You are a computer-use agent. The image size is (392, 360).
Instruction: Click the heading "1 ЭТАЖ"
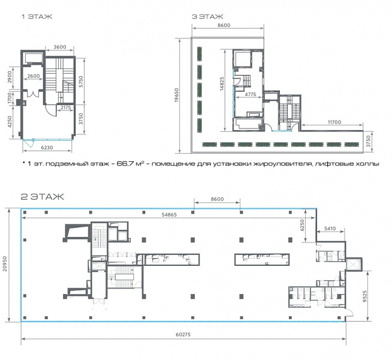37,17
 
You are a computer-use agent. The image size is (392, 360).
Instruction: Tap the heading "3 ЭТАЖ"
207,17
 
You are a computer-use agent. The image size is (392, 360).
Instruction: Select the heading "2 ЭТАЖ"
42,197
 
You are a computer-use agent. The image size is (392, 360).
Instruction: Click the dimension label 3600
60,47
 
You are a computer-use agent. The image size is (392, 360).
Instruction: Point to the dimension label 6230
47,148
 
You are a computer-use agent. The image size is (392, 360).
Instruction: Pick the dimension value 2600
34,76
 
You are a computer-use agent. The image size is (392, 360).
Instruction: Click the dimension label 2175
66,107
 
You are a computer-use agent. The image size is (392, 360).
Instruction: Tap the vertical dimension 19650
177,95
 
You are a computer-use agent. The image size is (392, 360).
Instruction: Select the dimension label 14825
222,83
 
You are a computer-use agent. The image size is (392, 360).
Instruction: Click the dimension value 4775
251,94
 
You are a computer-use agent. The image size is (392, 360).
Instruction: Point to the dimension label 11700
334,122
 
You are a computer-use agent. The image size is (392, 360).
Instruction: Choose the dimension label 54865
169,215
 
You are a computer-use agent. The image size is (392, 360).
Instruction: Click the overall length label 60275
183,334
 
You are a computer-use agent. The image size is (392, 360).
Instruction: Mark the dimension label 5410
330,229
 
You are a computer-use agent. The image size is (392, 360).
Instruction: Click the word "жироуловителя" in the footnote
284,164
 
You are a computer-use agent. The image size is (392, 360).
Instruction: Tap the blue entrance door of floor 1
29,143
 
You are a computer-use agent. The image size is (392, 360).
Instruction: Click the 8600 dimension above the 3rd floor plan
224,25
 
